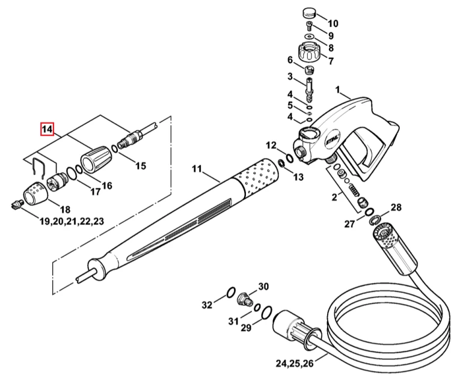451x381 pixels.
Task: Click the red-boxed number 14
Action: pos(47,129)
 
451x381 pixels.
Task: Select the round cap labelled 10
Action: pos(310,13)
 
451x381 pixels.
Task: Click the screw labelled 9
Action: pos(309,26)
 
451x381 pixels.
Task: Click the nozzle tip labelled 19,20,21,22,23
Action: pos(17,205)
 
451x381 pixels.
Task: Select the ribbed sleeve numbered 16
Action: pos(96,159)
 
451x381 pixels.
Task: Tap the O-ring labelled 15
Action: pos(114,149)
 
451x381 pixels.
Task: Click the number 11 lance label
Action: pos(197,168)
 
